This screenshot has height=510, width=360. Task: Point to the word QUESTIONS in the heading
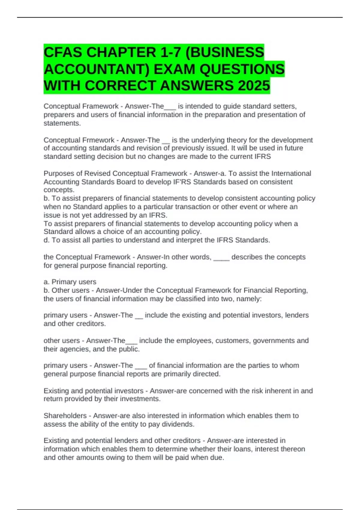click(x=242, y=69)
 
